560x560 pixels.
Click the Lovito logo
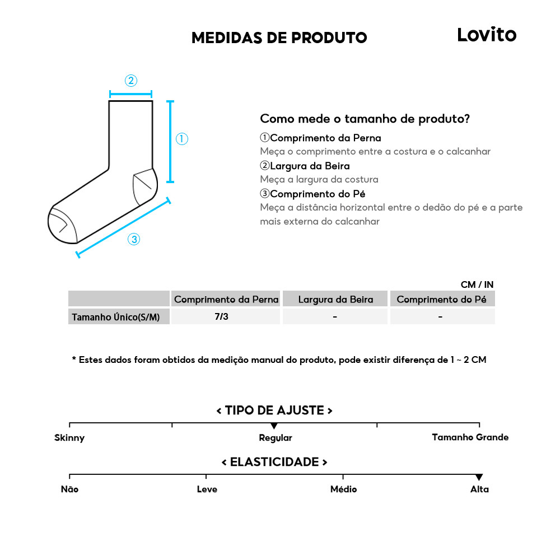486,35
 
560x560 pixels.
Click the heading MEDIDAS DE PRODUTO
279,38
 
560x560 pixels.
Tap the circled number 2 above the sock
130,81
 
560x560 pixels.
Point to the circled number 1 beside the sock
181,139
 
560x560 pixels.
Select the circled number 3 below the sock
133,240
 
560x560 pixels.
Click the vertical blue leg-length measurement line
170,141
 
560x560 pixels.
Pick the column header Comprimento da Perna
226,300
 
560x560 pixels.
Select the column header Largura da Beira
335,300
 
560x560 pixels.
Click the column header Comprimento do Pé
441,300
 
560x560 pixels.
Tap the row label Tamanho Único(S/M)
115,318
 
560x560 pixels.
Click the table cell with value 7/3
222,316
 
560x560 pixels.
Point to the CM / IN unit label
477,284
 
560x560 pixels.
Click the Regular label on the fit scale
275,438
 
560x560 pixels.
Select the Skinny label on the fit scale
69,437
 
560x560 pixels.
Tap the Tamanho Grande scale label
470,437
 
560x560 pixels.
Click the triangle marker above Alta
479,477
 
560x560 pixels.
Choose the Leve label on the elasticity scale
207,489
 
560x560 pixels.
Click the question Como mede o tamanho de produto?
365,119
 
